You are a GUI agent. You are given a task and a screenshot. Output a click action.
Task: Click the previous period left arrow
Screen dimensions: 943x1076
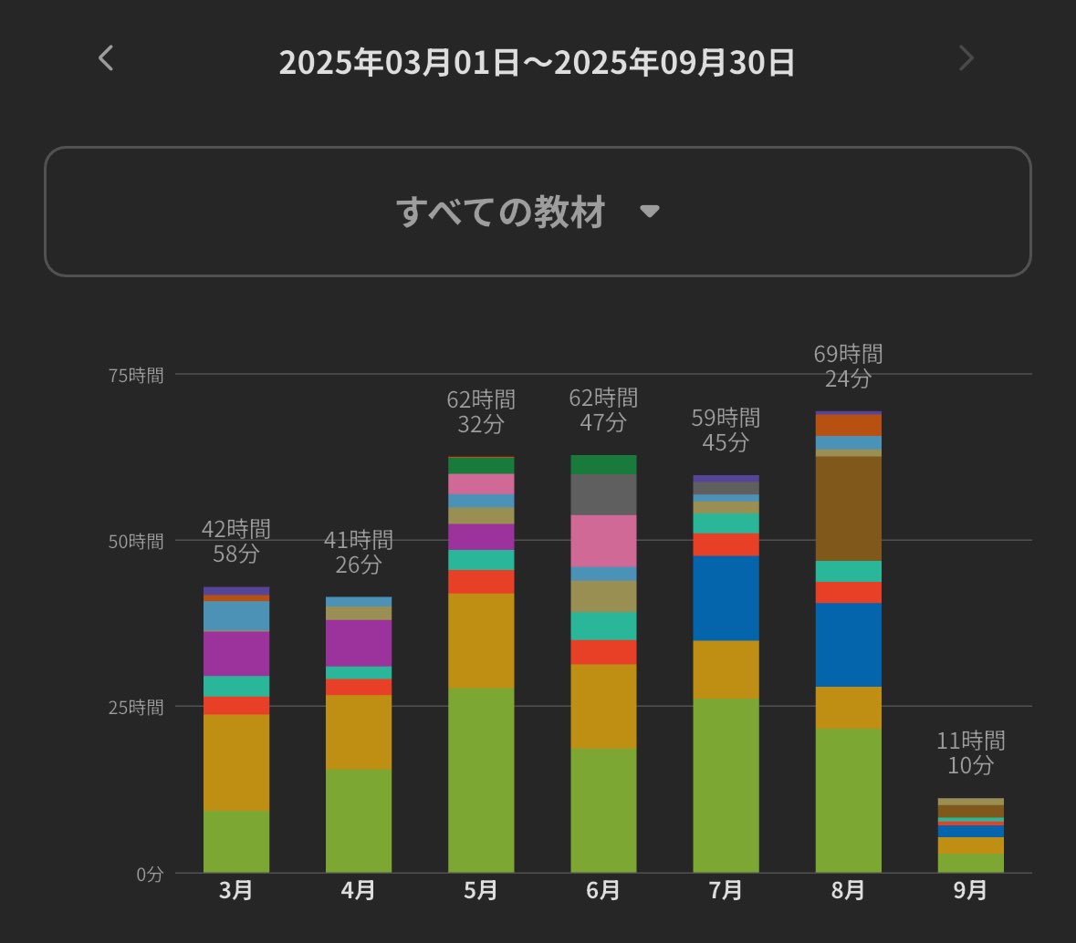(106, 58)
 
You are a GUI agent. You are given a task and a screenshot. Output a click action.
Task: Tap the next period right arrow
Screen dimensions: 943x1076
(966, 58)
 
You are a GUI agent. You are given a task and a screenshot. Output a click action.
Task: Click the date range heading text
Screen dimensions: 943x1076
(537, 63)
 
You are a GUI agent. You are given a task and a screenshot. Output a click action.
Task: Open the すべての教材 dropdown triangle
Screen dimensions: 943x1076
(649, 212)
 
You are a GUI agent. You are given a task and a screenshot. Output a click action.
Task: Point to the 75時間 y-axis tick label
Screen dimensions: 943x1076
(136, 375)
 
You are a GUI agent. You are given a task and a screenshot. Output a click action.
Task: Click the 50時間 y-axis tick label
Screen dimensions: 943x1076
(136, 541)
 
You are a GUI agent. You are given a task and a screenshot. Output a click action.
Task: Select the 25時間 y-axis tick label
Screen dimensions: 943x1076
(136, 707)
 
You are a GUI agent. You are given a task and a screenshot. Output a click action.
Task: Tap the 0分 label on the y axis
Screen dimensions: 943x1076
(150, 874)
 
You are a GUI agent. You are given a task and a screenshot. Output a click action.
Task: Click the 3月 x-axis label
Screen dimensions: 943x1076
(236, 890)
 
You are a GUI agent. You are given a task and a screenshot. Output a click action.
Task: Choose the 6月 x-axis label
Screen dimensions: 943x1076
(603, 890)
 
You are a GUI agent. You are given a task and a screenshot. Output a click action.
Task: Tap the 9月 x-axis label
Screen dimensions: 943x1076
(970, 890)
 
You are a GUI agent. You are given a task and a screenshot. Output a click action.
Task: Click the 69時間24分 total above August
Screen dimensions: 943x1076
(848, 366)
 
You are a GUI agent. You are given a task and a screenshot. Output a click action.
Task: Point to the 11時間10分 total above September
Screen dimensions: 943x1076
(970, 752)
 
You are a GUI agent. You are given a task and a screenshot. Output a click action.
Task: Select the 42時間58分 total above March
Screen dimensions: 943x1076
(236, 541)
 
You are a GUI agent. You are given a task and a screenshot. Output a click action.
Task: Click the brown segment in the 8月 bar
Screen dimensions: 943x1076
(848, 508)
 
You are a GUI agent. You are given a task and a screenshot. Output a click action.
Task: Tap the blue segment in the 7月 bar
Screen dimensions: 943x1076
(726, 597)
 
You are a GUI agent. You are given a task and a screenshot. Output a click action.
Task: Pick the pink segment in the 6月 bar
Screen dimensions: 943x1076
(603, 540)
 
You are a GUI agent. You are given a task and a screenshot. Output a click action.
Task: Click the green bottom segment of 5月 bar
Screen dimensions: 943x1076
(481, 780)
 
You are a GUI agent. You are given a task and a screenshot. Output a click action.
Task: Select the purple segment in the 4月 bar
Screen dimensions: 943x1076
(359, 642)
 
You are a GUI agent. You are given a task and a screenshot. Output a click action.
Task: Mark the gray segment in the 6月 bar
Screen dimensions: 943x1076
(603, 494)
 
